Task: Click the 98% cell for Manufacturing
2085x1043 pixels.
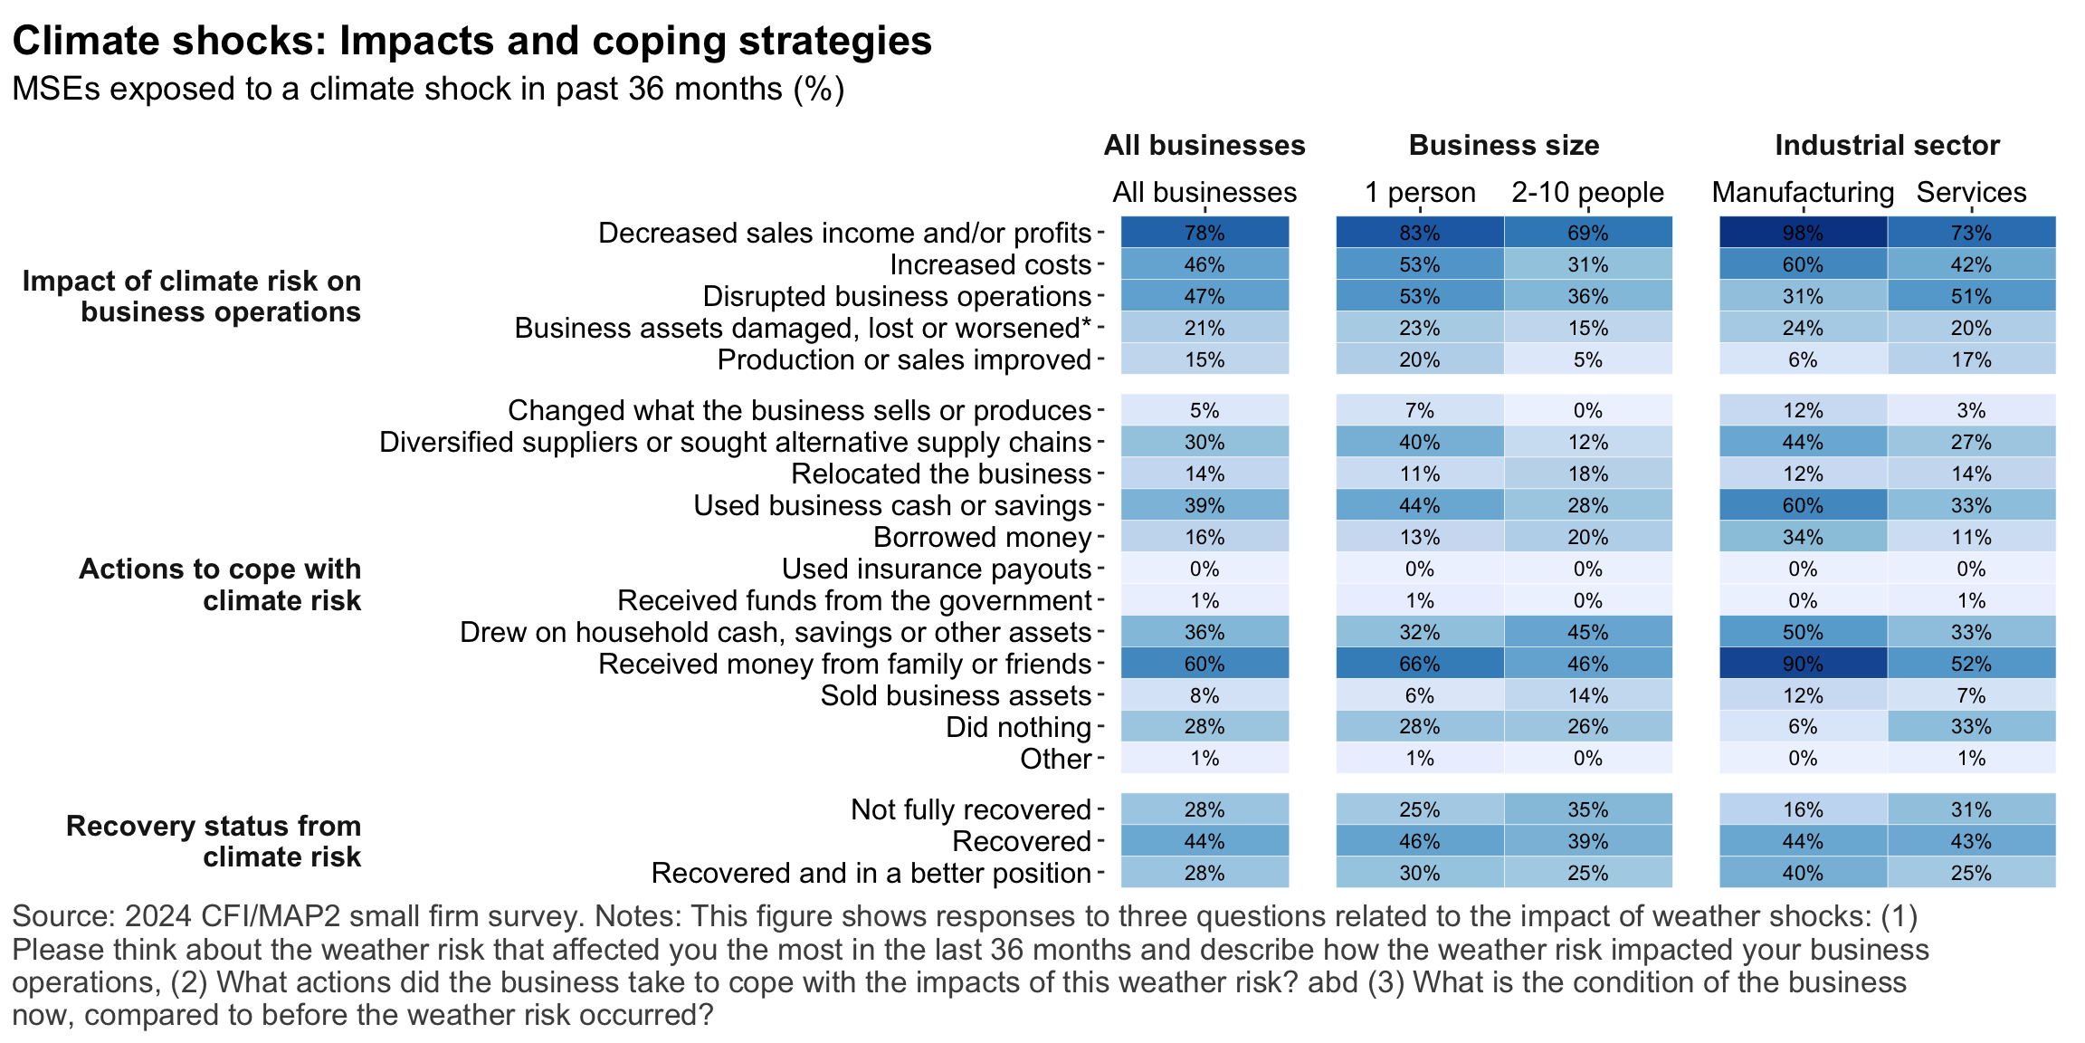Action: (1803, 233)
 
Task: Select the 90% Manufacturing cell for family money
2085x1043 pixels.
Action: (1803, 664)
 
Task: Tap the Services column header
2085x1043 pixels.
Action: (1971, 192)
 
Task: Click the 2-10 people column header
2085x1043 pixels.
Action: (1587, 192)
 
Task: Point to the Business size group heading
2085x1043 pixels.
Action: (1503, 145)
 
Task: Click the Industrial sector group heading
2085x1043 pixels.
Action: (1887, 145)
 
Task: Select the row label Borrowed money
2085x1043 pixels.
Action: (982, 537)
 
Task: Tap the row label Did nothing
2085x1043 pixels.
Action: (1018, 727)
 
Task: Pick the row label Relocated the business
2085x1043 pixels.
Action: (941, 474)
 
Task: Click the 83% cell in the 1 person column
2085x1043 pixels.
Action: (1419, 233)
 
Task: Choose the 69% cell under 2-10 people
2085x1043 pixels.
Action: (1587, 233)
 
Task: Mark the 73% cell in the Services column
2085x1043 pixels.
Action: (1971, 233)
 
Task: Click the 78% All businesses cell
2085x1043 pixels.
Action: (1204, 233)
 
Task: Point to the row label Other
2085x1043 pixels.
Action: (1055, 759)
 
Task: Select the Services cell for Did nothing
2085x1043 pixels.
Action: (1971, 727)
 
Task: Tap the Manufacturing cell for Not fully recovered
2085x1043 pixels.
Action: (1803, 809)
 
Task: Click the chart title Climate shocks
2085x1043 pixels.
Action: (471, 41)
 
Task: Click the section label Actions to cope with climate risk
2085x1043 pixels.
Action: (220, 584)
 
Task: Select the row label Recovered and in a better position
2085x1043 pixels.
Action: (871, 873)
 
